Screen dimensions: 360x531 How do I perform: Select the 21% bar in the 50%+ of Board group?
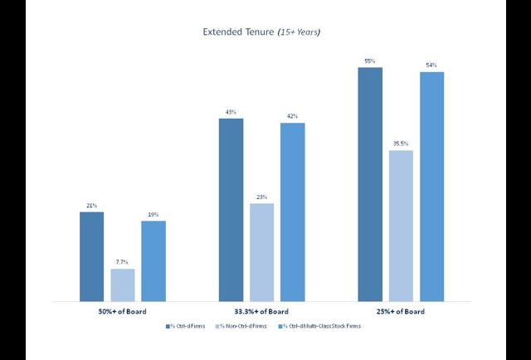92,256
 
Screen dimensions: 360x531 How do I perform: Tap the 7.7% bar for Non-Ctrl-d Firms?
123,285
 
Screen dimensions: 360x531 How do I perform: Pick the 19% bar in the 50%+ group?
153,260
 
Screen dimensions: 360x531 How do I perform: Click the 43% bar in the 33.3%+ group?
231,209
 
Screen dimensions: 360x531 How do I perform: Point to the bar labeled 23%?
262,252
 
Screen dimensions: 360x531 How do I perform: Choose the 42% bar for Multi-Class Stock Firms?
293,212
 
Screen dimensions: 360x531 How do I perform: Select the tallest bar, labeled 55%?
370,184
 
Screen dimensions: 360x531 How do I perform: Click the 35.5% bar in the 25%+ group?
401,226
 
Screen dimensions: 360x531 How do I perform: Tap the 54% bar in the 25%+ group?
431,187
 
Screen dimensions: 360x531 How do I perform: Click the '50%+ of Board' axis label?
123,312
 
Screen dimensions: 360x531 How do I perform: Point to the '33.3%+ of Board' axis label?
262,312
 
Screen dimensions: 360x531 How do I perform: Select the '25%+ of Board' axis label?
401,312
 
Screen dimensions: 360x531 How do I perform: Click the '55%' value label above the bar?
370,61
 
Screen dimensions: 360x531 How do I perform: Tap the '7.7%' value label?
123,262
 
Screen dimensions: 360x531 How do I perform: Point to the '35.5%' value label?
401,144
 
